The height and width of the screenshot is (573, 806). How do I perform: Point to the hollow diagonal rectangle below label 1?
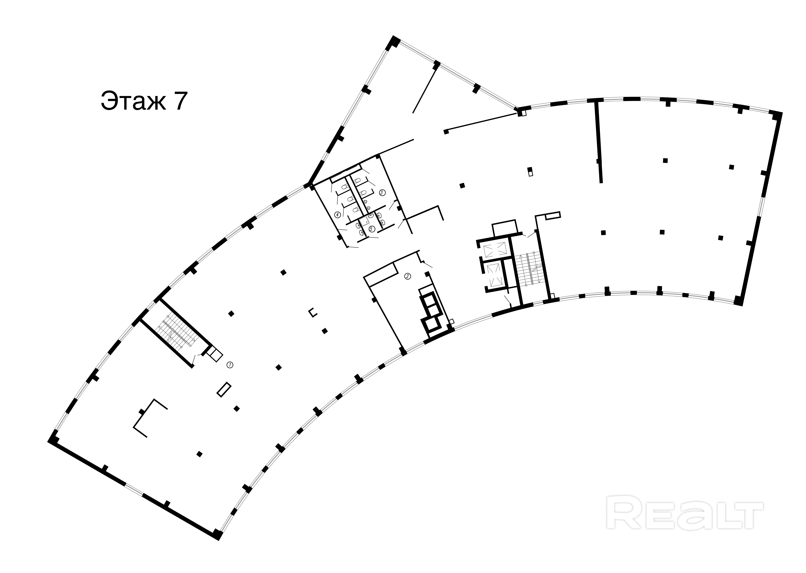coord(224,390)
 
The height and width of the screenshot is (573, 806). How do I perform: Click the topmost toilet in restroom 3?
coord(356,182)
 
